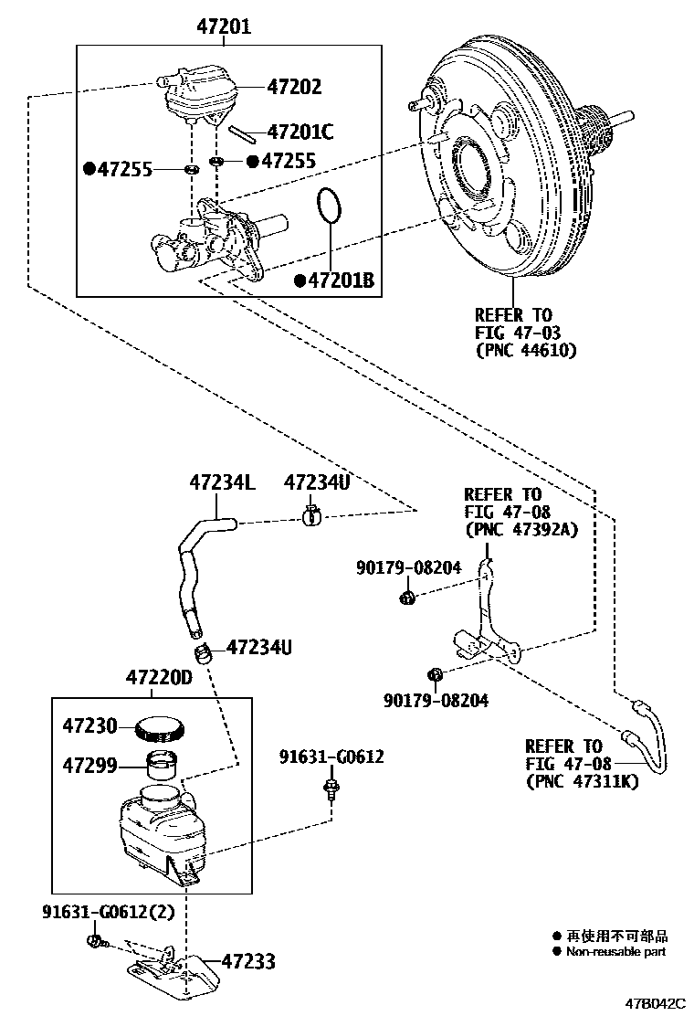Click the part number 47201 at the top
[224, 27]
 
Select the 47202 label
[294, 87]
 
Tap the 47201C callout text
[300, 132]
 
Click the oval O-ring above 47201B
[331, 207]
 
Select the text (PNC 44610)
[526, 349]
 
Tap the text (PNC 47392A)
[521, 529]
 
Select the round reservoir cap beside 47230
[161, 728]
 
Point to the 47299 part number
[89, 764]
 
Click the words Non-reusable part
[616, 951]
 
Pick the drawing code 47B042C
[654, 1002]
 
